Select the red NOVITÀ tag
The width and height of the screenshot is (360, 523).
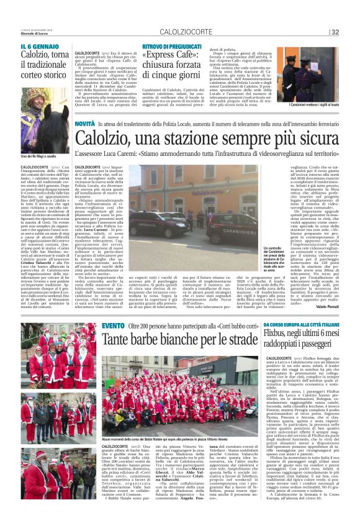[x=85, y=125]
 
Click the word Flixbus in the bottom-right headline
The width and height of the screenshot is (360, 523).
[x=280, y=335]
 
